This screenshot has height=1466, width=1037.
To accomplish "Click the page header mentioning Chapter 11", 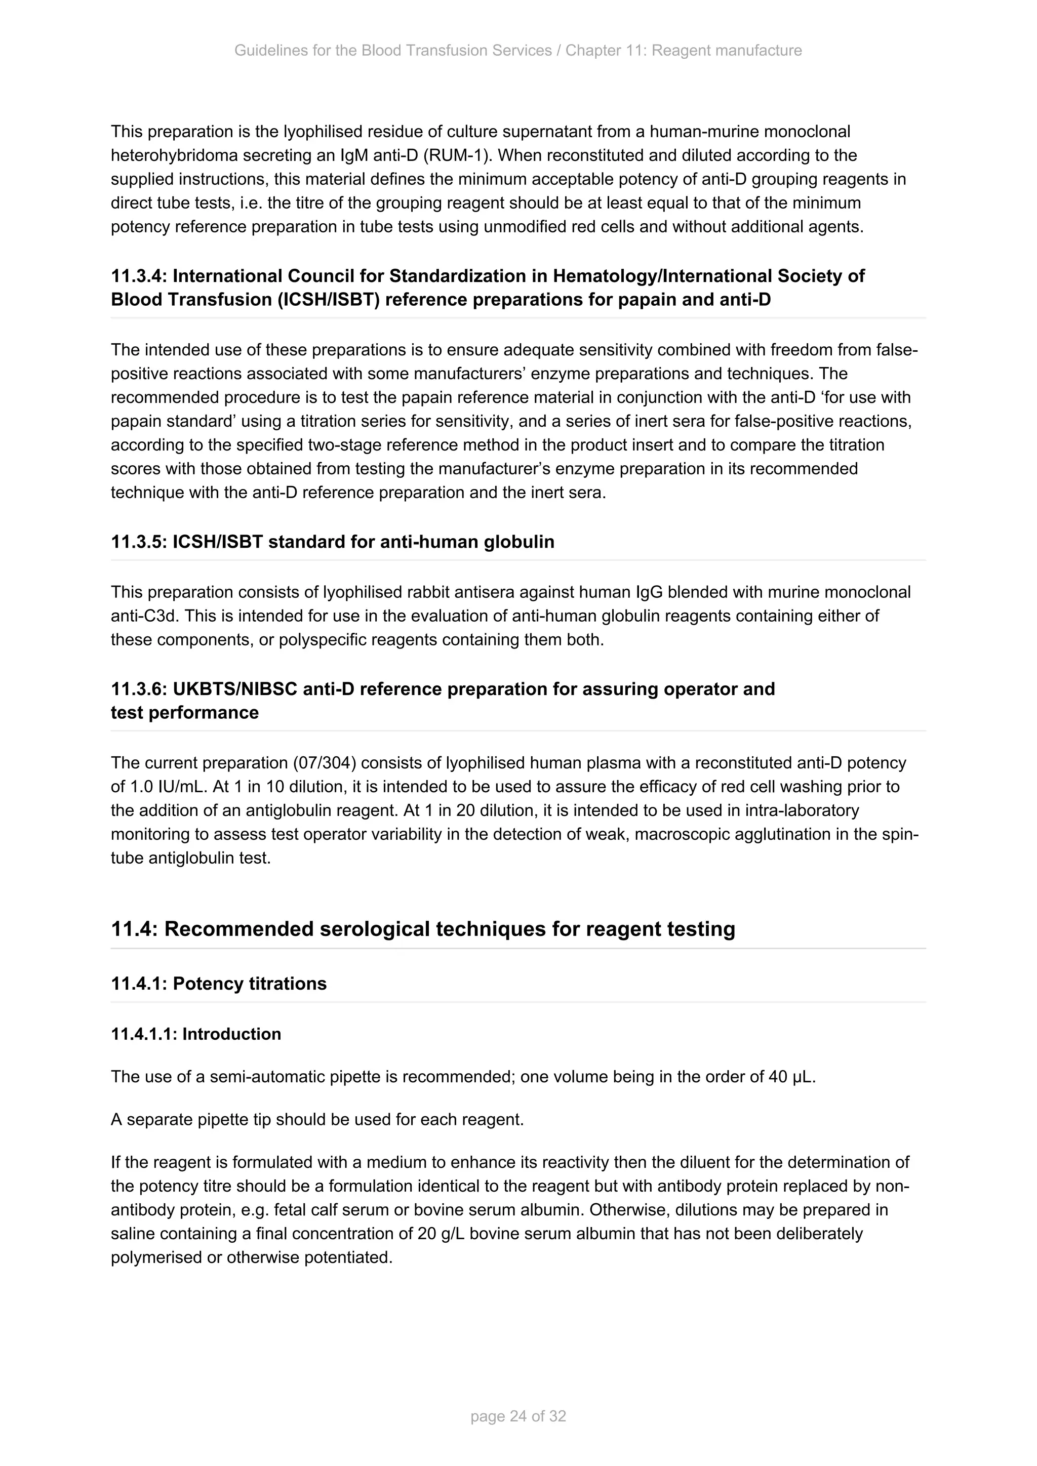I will (x=518, y=51).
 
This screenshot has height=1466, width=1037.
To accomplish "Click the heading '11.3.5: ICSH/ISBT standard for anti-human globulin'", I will (x=332, y=542).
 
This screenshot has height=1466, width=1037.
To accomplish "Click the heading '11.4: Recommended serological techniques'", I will (x=423, y=928).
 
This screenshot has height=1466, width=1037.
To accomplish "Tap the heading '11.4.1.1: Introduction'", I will (x=195, y=1034).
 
